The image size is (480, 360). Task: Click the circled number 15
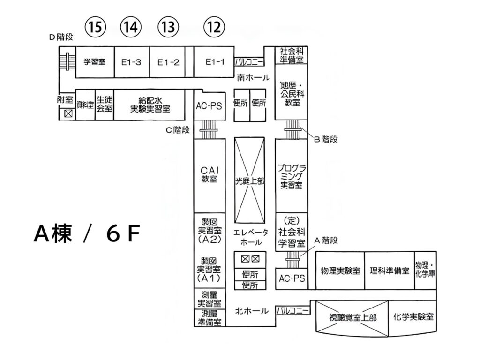coord(95,27)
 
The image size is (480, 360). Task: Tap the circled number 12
coord(214,27)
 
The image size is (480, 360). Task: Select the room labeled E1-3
coord(132,62)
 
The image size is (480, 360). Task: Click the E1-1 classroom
coord(214,62)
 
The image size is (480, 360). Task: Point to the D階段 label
coord(61,37)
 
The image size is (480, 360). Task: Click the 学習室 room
coord(95,62)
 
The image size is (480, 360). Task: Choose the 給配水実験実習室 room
coord(150,105)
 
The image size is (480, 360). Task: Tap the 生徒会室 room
coord(105,105)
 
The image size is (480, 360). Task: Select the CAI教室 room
coord(210,176)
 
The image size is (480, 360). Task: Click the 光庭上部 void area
coord(249,180)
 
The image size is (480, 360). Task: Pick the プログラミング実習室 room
coord(291,176)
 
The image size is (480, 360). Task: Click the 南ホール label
coord(253,77)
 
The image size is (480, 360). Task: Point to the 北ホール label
coord(252,311)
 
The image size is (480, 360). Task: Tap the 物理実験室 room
coord(340,270)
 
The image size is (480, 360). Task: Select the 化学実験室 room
coord(412,317)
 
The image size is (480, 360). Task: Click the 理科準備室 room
coord(390,270)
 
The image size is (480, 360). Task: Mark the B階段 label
coord(326,140)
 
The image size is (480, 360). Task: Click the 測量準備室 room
coord(210,318)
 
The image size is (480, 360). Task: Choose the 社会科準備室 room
coord(291,55)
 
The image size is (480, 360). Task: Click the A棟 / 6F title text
coord(87,233)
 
